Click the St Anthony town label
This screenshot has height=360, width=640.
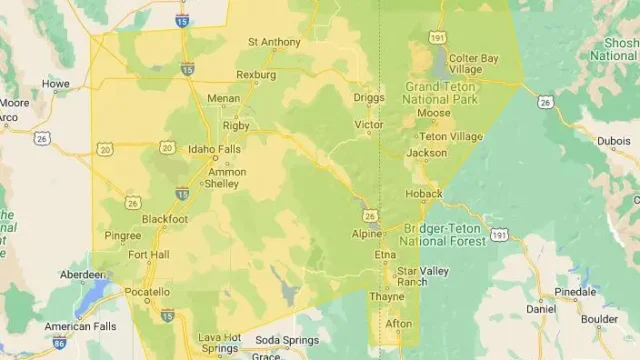pyautogui.click(x=273, y=42)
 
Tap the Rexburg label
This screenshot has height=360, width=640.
pyautogui.click(x=255, y=75)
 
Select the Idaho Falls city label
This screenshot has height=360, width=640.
pyautogui.click(x=214, y=150)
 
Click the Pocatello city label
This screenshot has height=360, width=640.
pyautogui.click(x=147, y=292)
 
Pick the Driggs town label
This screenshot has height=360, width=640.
pyautogui.click(x=369, y=98)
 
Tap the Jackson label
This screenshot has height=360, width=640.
pyautogui.click(x=427, y=153)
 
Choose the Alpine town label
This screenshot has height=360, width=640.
pyautogui.click(x=367, y=234)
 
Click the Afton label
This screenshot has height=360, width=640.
pyautogui.click(x=399, y=324)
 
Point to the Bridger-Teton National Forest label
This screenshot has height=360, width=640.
pyautogui.click(x=443, y=235)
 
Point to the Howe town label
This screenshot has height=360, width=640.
pyautogui.click(x=55, y=84)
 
